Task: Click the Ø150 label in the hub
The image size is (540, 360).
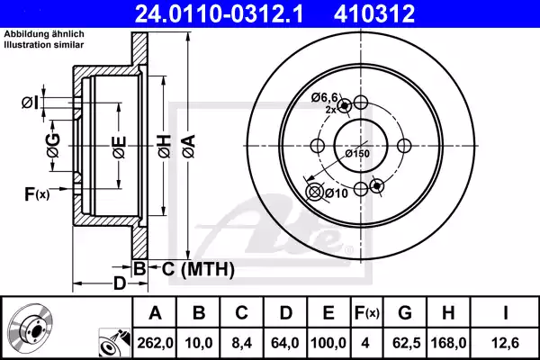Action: [358, 153]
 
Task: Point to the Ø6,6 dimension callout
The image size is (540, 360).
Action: [325, 96]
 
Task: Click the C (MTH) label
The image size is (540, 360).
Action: [198, 268]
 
